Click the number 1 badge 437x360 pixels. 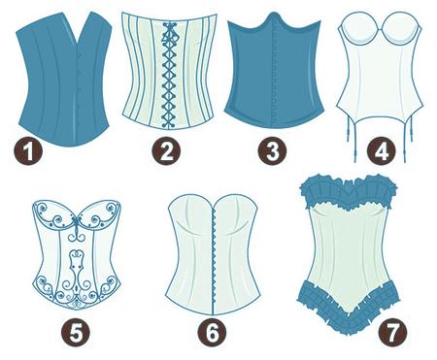click(28, 151)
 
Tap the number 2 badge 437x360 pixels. click(167, 151)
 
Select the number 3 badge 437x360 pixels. click(272, 151)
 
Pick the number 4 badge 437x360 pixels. click(382, 151)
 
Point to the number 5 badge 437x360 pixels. click(76, 333)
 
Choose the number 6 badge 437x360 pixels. click(213, 333)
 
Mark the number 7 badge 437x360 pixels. click(392, 333)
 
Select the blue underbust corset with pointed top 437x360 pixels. click(274, 71)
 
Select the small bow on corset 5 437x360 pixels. click(77, 222)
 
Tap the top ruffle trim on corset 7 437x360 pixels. click(349, 192)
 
